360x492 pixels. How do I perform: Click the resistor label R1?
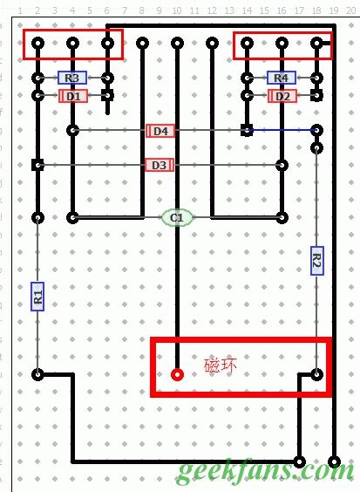click(x=37, y=296)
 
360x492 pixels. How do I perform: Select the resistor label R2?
click(x=316, y=260)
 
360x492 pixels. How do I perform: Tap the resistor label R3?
click(x=72, y=78)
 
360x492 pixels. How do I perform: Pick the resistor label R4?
click(x=281, y=78)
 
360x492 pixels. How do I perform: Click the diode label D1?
click(x=72, y=95)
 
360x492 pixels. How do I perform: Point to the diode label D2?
click(x=281, y=95)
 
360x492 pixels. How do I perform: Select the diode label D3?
click(x=159, y=165)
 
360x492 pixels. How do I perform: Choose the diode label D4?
click(x=160, y=131)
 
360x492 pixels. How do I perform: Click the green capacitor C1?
click(x=177, y=217)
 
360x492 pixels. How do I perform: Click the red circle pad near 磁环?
click(x=177, y=375)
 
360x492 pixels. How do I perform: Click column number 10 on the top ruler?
click(x=177, y=10)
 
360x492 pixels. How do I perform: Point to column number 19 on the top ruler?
click(x=333, y=10)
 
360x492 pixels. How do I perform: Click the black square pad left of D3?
click(x=37, y=165)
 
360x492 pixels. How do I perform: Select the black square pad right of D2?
click(x=316, y=95)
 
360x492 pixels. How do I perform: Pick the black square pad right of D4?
click(x=248, y=131)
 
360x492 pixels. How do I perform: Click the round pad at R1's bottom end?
click(x=37, y=375)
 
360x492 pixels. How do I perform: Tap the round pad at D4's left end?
click(x=73, y=131)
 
